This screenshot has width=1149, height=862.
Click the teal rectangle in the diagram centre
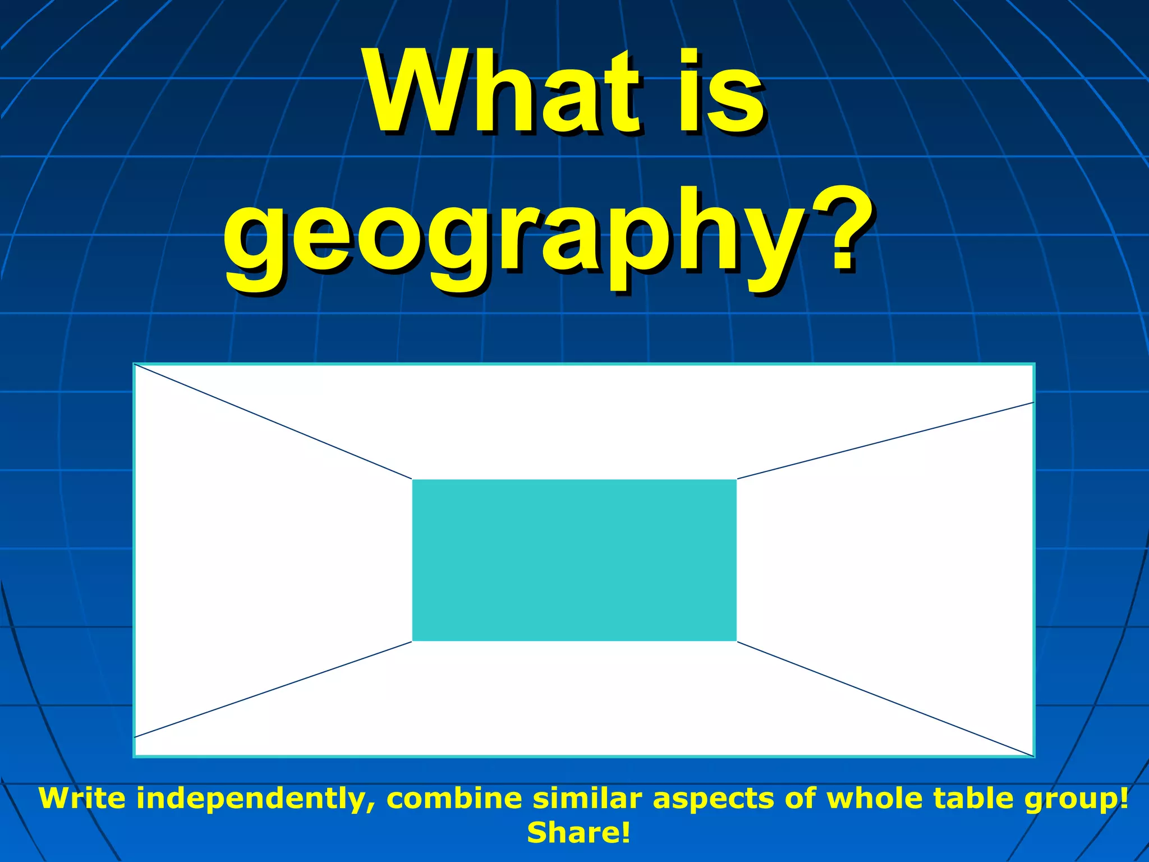(x=574, y=560)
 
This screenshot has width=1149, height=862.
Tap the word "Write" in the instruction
(x=82, y=799)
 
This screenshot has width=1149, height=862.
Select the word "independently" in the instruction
(x=256, y=799)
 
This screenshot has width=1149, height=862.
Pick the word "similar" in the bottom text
(x=587, y=799)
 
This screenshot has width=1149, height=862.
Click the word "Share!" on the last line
(x=578, y=833)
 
